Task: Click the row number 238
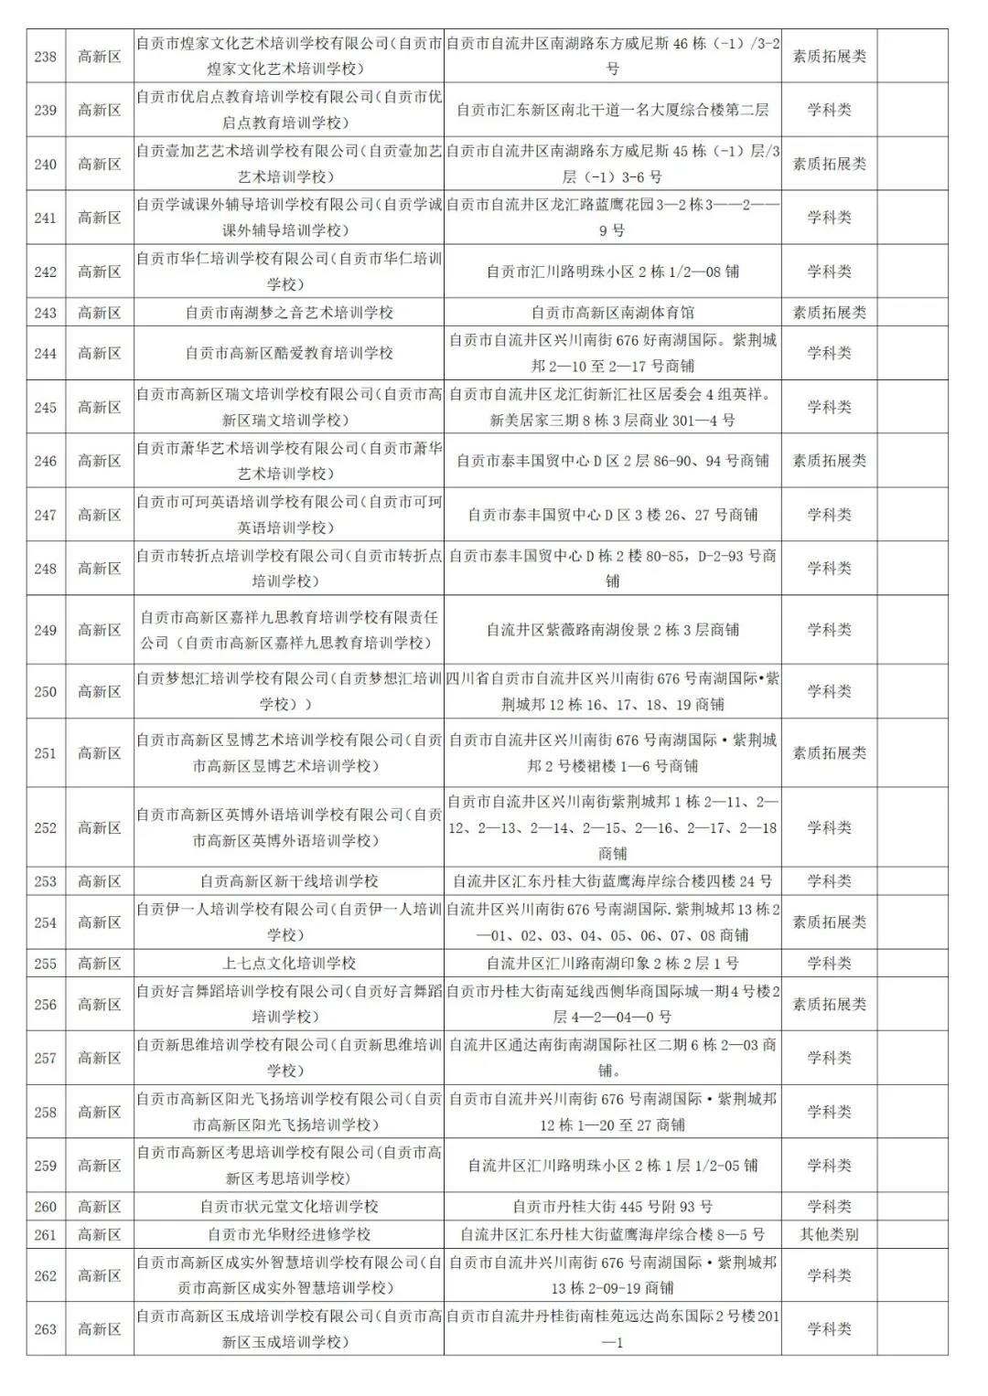click(46, 57)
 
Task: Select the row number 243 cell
click(46, 313)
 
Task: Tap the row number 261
click(46, 1234)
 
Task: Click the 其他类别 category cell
click(829, 1234)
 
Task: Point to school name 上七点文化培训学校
click(289, 964)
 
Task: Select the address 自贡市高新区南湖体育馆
click(612, 313)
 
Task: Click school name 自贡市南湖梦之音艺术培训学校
click(289, 313)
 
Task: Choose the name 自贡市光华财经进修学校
click(289, 1234)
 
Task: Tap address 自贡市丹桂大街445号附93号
click(612, 1207)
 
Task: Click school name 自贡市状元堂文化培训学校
click(289, 1207)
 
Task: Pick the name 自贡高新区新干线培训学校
click(289, 881)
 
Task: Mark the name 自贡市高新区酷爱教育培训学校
click(289, 353)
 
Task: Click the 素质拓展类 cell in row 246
click(829, 461)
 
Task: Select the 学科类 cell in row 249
click(829, 630)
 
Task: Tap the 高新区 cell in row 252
click(100, 827)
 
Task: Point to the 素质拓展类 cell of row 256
click(829, 1004)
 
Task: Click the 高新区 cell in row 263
click(100, 1329)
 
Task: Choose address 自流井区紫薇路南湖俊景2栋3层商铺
click(612, 630)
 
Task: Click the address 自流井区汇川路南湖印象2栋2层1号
click(612, 964)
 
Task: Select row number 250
click(46, 692)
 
